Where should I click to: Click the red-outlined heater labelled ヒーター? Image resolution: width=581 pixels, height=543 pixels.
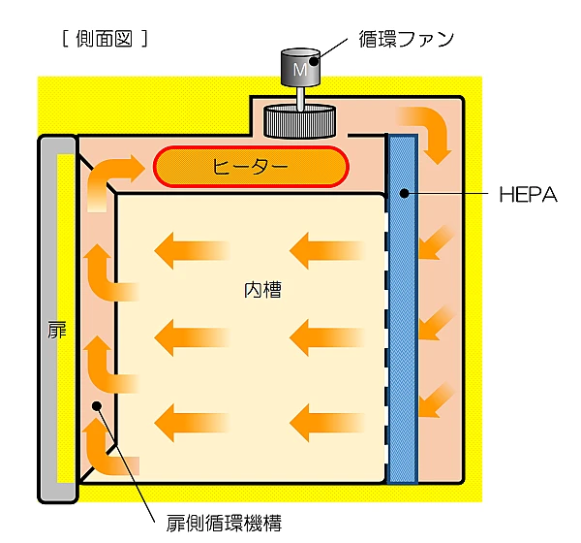pos(250,167)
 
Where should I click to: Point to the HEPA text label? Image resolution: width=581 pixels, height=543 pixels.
pos(529,195)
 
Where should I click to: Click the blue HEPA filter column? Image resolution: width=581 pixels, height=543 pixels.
pos(403,310)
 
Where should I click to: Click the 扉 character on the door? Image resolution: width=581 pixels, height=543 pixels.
pos(57,331)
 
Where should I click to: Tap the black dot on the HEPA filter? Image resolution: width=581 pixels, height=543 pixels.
pos(402,195)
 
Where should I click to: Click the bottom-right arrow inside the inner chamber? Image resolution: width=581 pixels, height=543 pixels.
pos(325,420)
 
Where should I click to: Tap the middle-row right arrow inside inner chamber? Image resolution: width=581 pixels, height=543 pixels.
pos(325,336)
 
